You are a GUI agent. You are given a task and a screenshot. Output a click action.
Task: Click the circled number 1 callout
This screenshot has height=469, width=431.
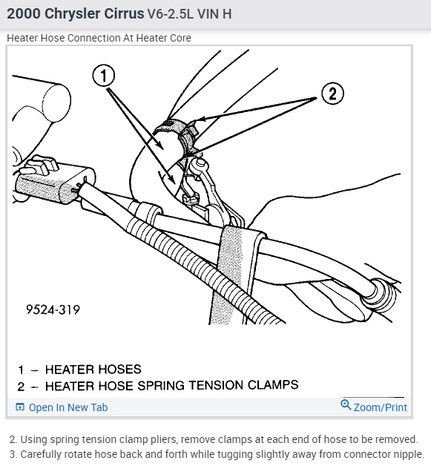pos(104,76)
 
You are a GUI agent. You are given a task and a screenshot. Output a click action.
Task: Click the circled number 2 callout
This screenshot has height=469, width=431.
pos(332,94)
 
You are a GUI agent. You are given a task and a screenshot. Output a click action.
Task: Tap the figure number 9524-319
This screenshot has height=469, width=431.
pos(53,309)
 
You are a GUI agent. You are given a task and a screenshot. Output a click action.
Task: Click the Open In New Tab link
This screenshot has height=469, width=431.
pos(68,407)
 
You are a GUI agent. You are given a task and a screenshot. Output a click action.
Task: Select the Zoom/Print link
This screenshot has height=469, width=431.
pos(380,407)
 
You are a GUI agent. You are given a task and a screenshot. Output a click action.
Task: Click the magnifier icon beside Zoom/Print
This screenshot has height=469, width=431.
pos(346,405)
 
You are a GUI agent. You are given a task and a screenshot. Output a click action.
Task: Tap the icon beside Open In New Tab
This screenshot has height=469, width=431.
pos(20,407)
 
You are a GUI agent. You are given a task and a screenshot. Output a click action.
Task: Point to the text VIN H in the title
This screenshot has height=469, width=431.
pos(214,14)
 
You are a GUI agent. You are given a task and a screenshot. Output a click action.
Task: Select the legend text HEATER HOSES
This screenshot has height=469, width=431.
pos(93,370)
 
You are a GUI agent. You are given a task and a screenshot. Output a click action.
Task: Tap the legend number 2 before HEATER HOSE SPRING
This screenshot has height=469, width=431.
pos(21,387)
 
